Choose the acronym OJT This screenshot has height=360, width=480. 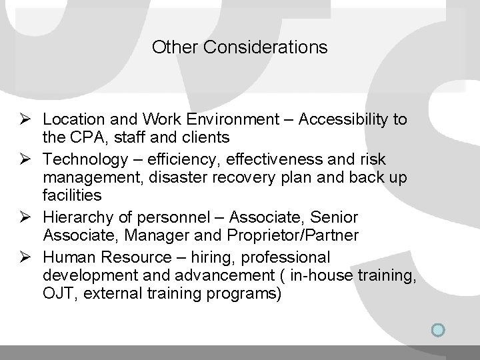[x=57, y=292]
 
